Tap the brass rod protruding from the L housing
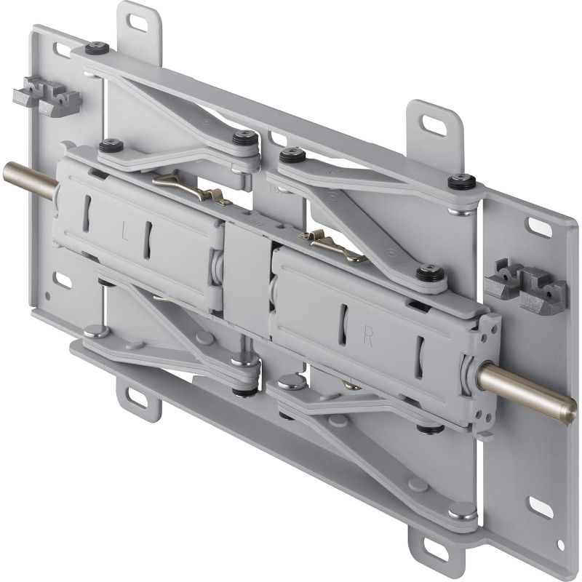click(28, 178)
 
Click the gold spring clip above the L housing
click(191, 189)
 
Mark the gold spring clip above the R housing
click(332, 244)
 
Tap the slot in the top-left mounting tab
click(137, 22)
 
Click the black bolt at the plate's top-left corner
click(96, 48)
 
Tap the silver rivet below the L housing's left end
click(96, 331)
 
